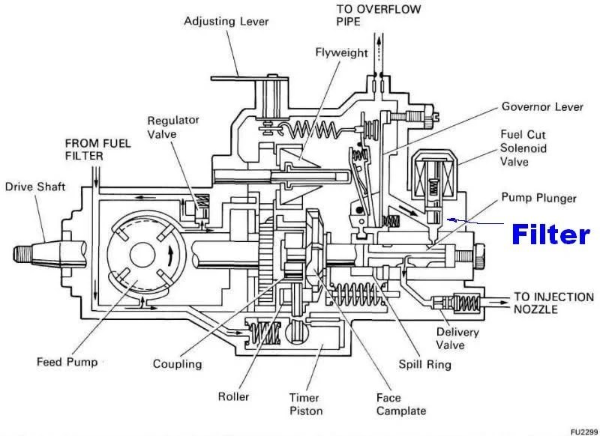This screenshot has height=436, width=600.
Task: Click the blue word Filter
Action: (550, 234)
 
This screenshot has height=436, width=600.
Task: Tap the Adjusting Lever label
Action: (226, 22)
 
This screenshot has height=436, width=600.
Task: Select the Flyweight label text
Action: (341, 52)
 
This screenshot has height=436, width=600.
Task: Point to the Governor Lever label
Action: (542, 106)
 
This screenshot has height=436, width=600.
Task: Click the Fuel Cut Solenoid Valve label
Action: (523, 148)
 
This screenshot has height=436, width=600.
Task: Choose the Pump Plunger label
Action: (538, 199)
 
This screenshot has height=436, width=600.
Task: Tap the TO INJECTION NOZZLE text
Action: (553, 303)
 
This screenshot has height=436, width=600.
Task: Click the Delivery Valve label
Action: (457, 338)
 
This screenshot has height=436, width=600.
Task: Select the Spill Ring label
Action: (424, 365)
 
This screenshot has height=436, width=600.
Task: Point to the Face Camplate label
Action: (401, 405)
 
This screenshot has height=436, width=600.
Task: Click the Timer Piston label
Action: (306, 405)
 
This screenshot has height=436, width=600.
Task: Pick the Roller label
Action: (233, 396)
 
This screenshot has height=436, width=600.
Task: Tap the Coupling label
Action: (177, 364)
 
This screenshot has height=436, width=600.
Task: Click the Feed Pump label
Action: (67, 362)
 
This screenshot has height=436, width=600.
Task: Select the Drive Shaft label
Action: (35, 187)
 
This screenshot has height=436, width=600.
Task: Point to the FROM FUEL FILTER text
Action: (98, 149)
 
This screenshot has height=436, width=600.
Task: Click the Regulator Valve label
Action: (173, 127)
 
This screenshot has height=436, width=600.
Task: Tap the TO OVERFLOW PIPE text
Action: (379, 15)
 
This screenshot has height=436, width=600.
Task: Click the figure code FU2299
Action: (585, 432)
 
